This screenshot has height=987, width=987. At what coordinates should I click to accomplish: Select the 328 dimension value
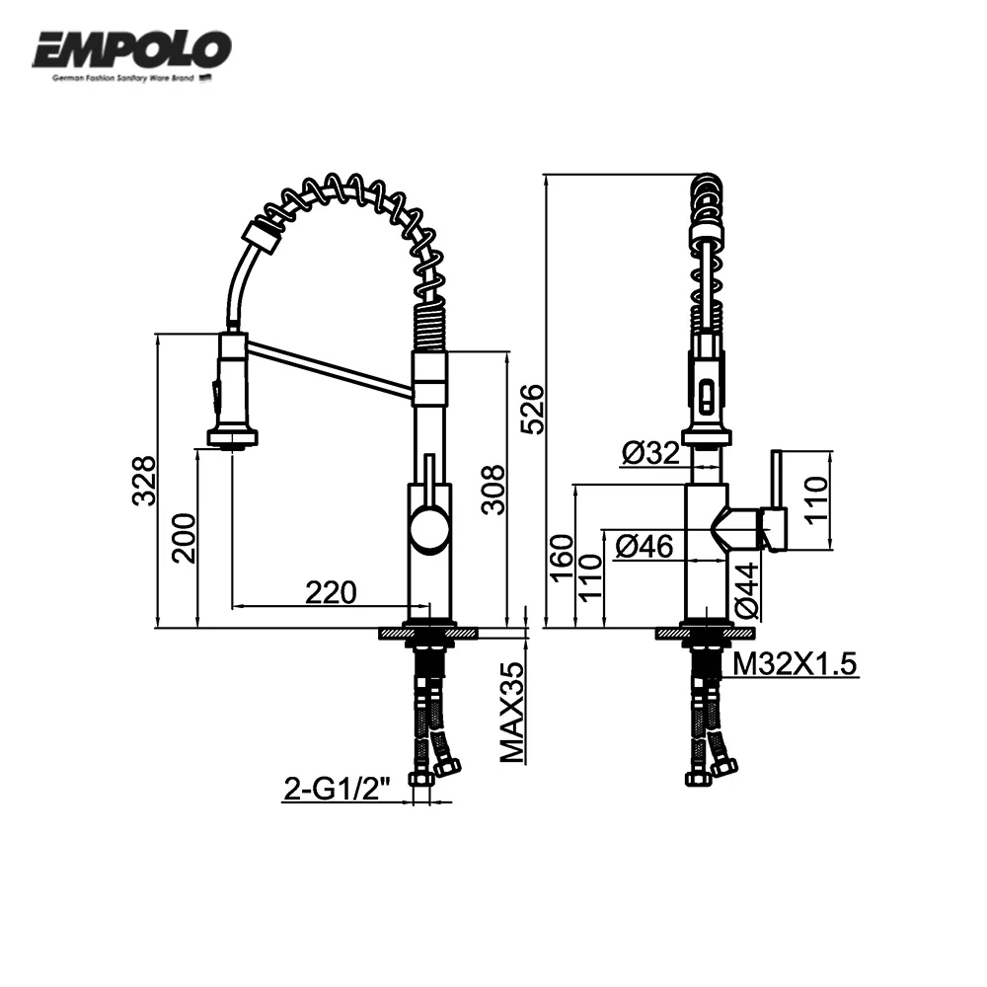144,480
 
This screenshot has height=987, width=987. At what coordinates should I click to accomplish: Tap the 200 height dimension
184,538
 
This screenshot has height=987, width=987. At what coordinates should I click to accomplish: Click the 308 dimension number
493,490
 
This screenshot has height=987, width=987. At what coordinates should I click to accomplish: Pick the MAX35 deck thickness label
511,713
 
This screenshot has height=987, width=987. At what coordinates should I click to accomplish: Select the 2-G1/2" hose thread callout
338,789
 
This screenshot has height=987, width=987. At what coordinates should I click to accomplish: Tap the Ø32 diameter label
650,453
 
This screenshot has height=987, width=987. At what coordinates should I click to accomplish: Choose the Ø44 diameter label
745,590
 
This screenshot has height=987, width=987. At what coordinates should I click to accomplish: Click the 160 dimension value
561,558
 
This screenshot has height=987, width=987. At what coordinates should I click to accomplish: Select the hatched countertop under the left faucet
429,633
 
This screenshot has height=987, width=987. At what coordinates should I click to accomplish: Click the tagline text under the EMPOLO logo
123,76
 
